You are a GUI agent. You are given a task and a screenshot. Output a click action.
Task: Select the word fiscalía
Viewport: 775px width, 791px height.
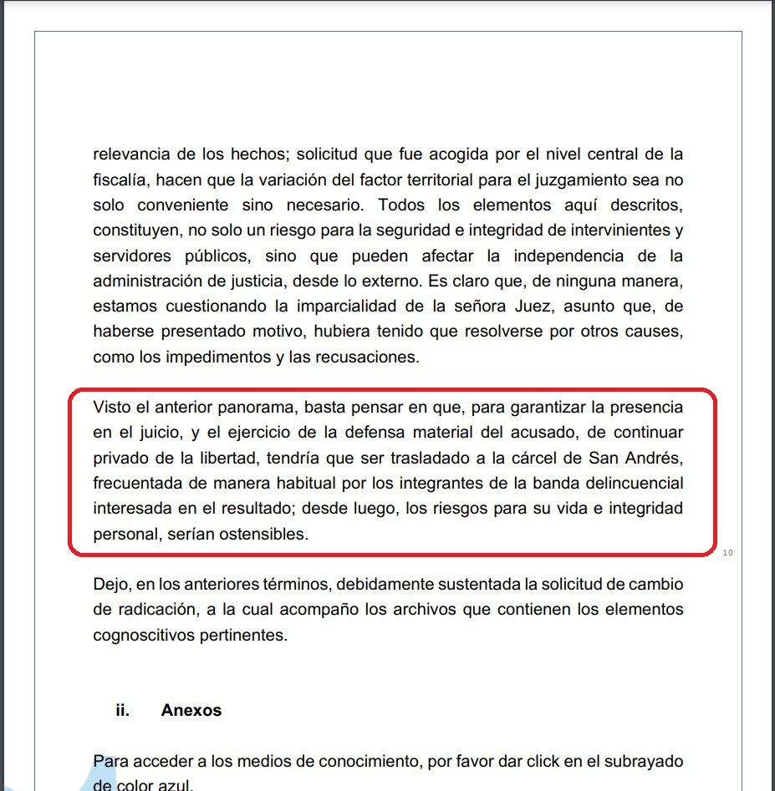pos(118,180)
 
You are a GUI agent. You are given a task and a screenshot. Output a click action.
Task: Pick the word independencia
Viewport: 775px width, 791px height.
pos(568,255)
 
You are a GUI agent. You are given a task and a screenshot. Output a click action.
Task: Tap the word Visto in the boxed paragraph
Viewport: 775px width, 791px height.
pos(112,408)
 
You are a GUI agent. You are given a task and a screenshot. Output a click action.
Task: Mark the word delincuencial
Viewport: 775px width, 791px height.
pos(633,483)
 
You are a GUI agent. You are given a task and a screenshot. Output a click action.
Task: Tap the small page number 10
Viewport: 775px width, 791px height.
pos(727,552)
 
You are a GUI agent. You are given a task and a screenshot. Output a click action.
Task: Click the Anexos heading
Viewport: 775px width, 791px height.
pos(191,710)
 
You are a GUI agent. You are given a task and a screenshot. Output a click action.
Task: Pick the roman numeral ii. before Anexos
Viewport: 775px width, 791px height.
pos(123,710)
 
